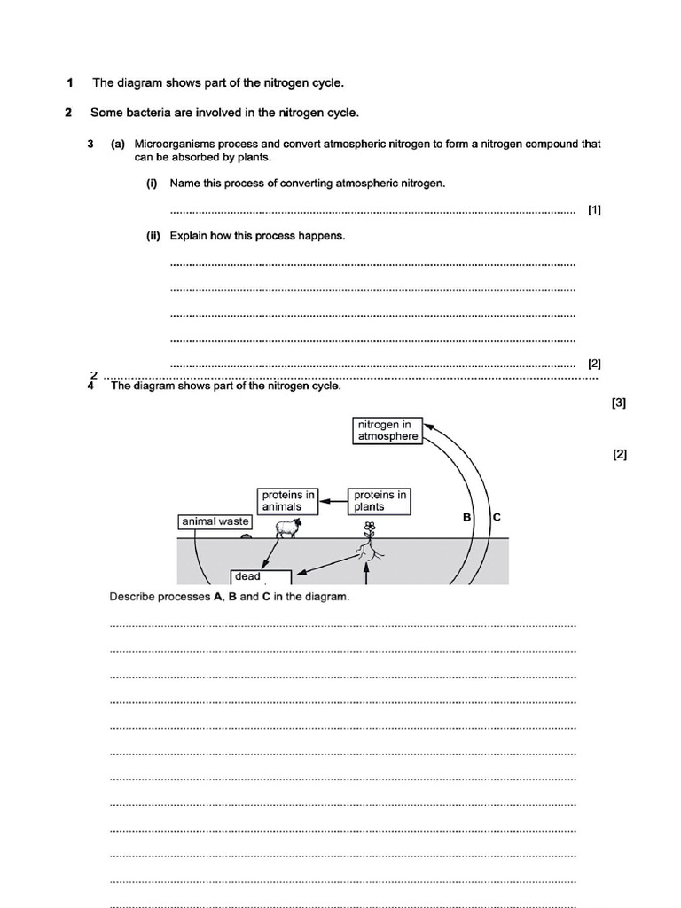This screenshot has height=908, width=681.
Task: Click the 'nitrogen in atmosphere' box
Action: tap(387, 430)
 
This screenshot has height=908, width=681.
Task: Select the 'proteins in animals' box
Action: tap(287, 501)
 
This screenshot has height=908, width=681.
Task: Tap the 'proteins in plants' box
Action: tap(380, 501)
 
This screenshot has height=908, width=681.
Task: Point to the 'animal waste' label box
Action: tap(215, 521)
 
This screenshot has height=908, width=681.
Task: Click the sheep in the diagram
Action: tap(286, 529)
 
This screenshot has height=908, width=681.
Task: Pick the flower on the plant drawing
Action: tap(370, 527)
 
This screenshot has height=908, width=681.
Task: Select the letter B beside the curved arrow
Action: tap(466, 516)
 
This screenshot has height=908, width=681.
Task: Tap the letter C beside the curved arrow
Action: tap(496, 516)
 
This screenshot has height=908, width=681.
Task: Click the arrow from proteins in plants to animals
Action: tap(333, 501)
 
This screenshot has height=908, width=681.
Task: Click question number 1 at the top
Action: tap(69, 83)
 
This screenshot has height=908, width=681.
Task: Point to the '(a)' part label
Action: tap(118, 144)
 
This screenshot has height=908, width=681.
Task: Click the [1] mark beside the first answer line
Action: tap(594, 210)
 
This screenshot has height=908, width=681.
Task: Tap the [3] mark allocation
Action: tap(619, 403)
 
